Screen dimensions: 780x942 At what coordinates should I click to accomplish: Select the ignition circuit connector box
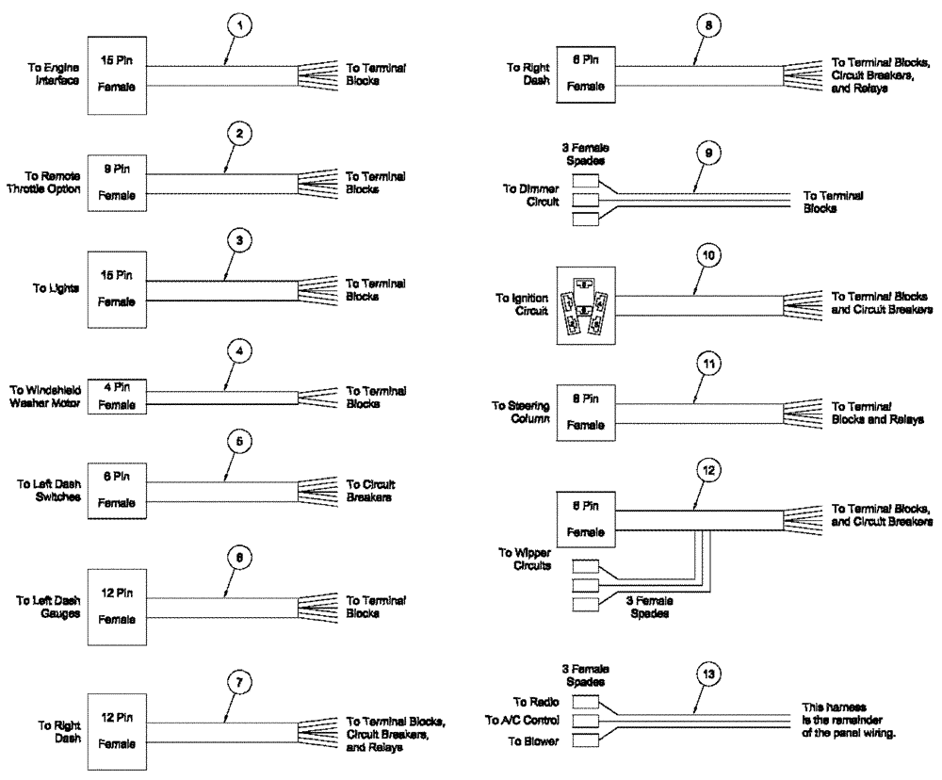click(585, 305)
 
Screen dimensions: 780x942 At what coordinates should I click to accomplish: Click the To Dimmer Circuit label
click(531, 195)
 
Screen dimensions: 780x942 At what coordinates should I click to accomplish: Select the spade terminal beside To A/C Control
click(586, 722)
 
